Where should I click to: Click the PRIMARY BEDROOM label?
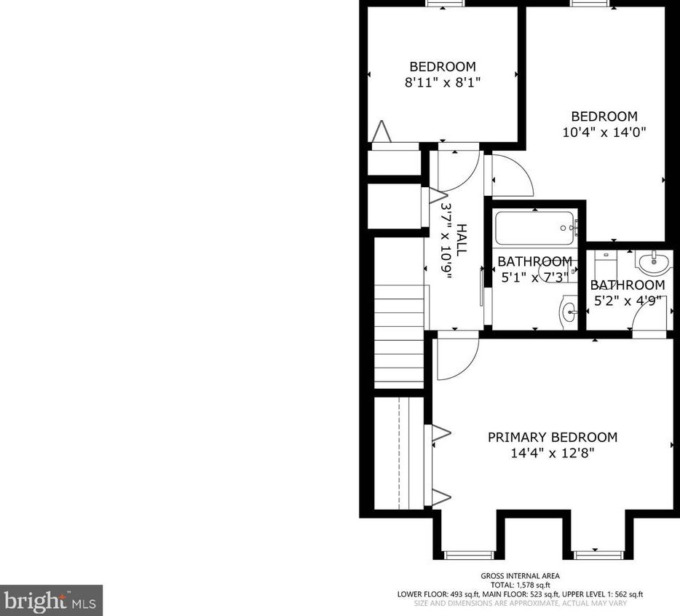(552, 438)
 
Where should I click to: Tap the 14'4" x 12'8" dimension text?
(552, 453)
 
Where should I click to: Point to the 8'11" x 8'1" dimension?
(442, 82)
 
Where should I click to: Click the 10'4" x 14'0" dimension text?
(604, 133)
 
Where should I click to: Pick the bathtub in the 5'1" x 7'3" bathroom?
(535, 228)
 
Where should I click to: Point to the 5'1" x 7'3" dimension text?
(534, 277)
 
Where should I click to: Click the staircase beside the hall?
(399, 336)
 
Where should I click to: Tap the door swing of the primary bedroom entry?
(456, 357)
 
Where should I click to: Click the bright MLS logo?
(51, 601)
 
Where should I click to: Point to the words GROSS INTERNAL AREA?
(520, 576)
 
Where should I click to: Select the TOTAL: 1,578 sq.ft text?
(520, 585)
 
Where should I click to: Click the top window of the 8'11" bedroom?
(446, 3)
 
